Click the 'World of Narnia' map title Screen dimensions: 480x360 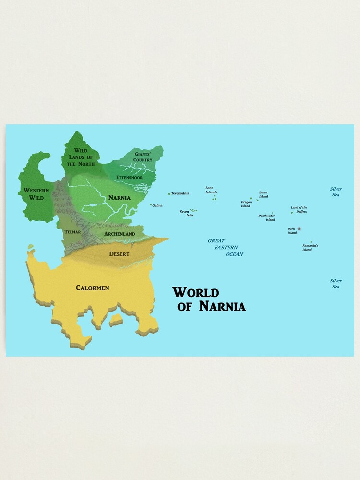209,299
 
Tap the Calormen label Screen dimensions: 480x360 92,288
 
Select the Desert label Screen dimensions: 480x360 119,253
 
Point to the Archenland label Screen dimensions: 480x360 120,234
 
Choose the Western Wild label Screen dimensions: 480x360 36,194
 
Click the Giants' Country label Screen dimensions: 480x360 143,157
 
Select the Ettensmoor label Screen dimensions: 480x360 129,177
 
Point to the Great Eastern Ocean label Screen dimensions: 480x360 225,247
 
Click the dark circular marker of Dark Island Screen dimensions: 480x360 300,229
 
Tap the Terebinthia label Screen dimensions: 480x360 180,193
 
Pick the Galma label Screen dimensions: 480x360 157,205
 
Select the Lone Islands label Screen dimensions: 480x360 211,190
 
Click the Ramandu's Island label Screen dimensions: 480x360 310,247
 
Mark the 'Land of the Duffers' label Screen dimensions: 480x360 299,209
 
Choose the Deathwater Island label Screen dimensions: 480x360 267,217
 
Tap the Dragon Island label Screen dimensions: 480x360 246,204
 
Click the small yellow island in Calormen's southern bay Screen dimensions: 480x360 116,320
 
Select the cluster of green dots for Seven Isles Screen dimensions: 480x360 193,210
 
